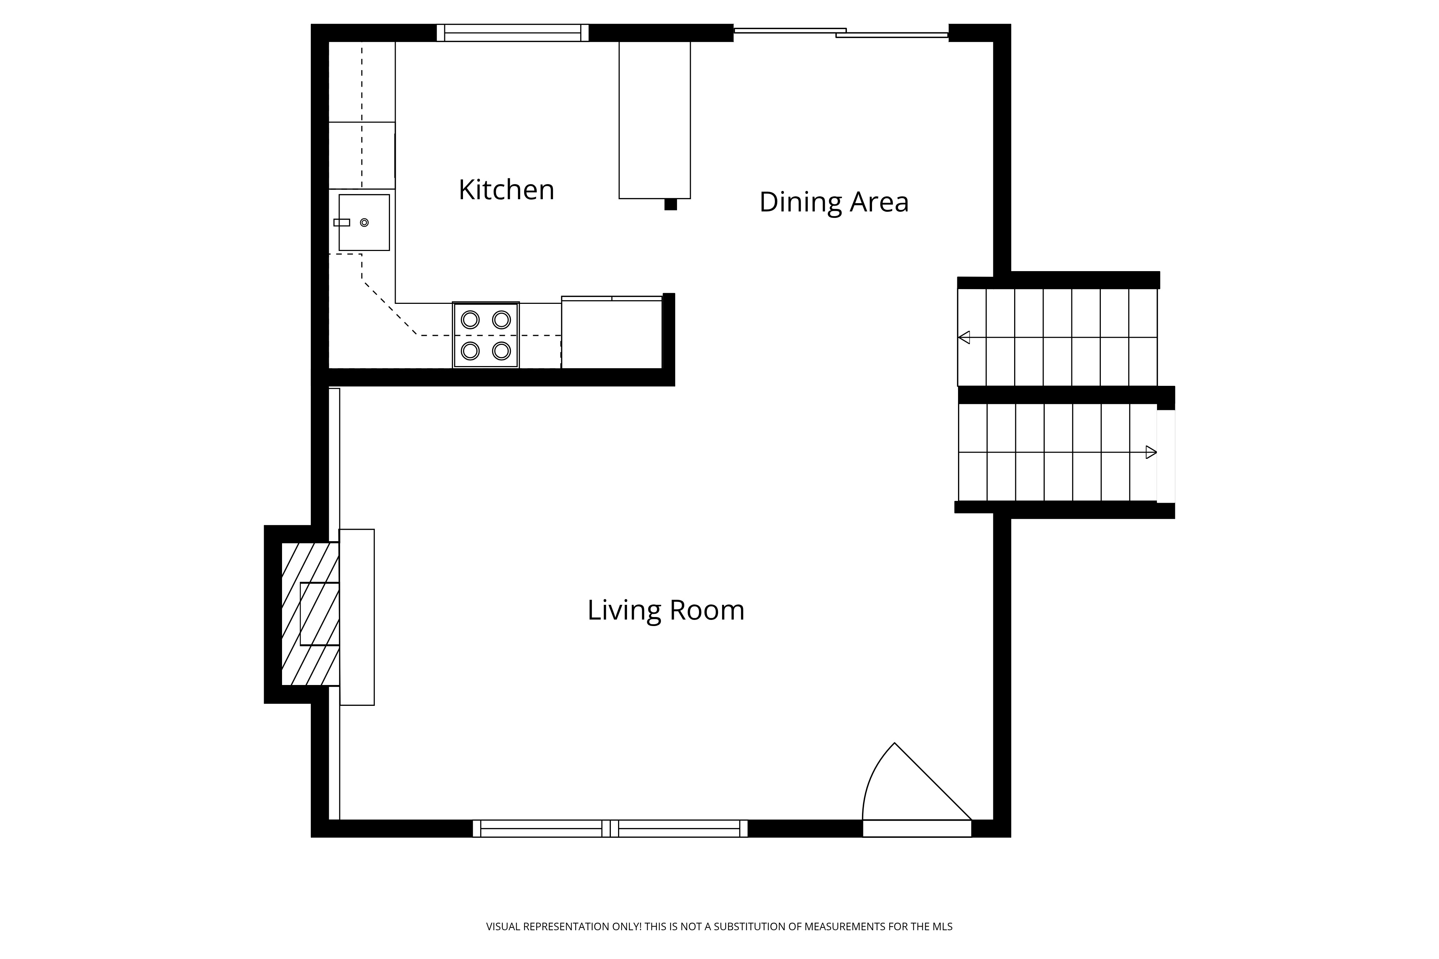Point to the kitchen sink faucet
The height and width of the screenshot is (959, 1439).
[x=341, y=223]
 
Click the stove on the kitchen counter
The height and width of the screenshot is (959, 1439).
[x=486, y=335]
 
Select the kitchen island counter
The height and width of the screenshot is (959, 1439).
[x=655, y=120]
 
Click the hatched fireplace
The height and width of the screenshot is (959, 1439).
[x=310, y=614]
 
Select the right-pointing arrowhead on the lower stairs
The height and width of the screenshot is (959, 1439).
[x=1151, y=453]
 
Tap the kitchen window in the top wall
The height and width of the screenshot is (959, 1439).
[x=513, y=33]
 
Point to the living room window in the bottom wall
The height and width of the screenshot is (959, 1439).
[x=610, y=829]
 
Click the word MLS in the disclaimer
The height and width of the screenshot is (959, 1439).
[x=942, y=927]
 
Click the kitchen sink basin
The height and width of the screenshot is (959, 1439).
[x=364, y=223]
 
